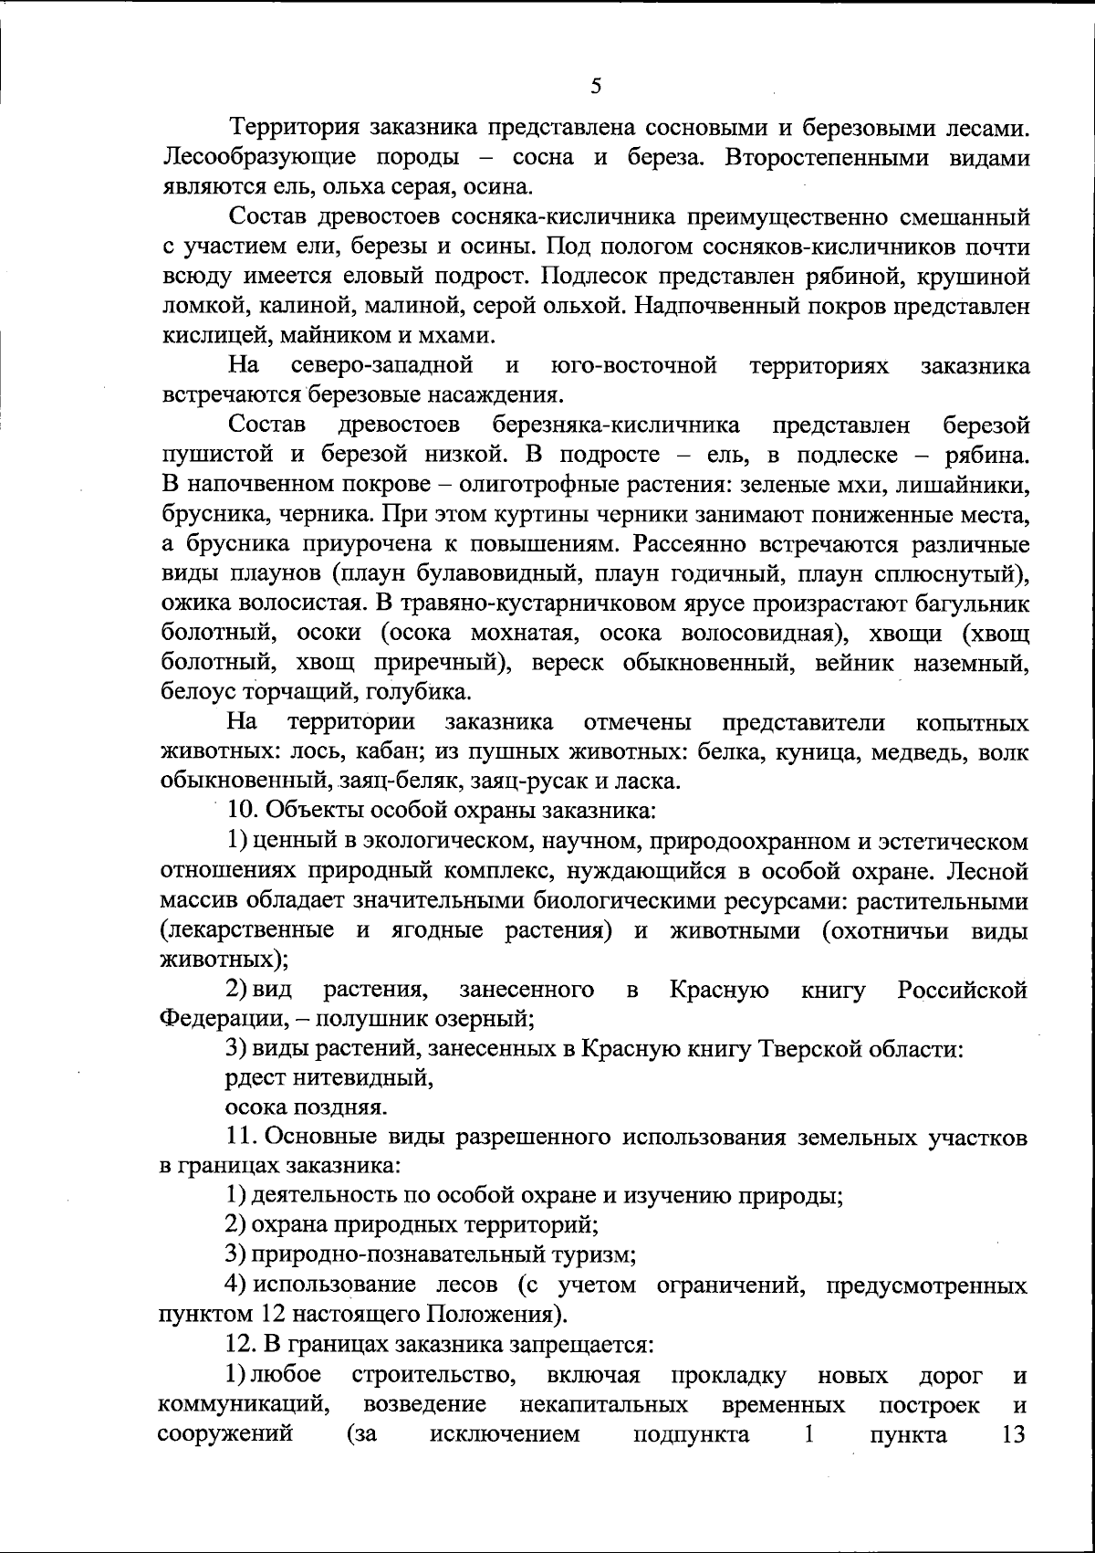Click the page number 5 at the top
point(595,87)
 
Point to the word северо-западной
point(381,366)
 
